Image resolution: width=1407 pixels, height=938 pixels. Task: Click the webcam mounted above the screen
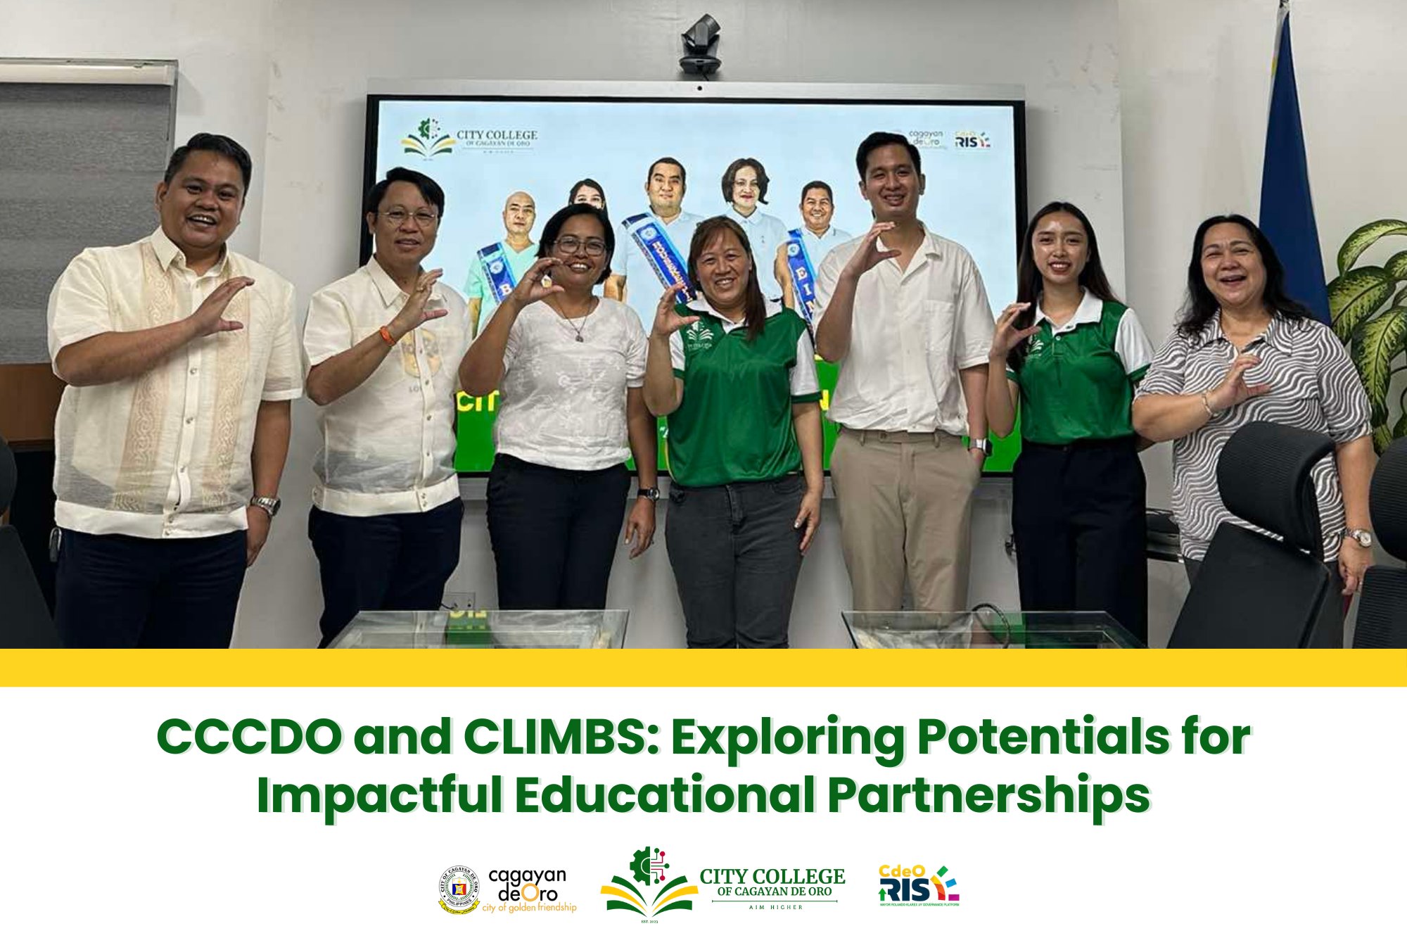point(700,44)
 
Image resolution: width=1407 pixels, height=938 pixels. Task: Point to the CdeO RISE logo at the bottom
point(918,886)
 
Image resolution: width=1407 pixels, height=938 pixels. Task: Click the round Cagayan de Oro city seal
point(459,889)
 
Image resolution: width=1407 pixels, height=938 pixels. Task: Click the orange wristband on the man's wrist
point(387,335)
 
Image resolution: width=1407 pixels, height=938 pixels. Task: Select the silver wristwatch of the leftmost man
point(266,504)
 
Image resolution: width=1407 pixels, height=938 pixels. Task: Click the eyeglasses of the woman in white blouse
point(580,246)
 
